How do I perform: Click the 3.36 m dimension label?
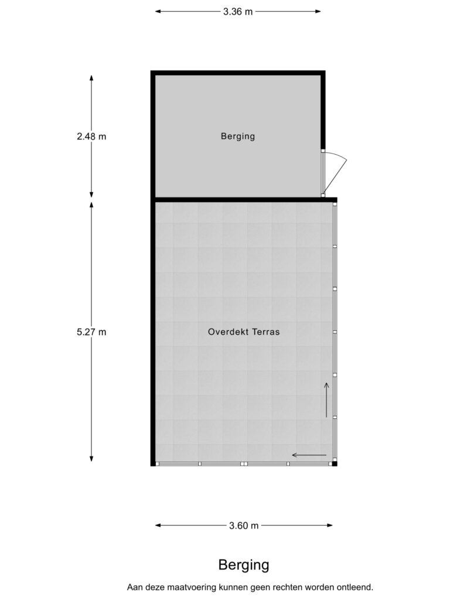click(x=238, y=12)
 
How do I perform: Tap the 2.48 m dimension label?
click(x=91, y=136)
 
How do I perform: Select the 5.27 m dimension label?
click(x=91, y=332)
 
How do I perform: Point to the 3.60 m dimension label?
click(x=244, y=526)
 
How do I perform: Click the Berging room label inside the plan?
click(x=238, y=136)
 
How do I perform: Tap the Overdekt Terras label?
click(x=244, y=332)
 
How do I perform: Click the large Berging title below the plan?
click(x=244, y=565)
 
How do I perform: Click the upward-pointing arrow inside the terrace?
click(x=326, y=400)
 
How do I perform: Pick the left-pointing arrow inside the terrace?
click(x=309, y=455)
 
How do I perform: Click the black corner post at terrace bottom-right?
click(x=335, y=463)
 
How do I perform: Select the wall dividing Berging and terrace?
click(x=245, y=200)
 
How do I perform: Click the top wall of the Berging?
click(x=238, y=73)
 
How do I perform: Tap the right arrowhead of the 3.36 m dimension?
click(x=318, y=12)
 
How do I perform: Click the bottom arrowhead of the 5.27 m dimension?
click(x=91, y=459)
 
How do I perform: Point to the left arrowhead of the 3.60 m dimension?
click(x=158, y=526)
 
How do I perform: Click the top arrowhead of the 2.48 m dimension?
click(x=91, y=78)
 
